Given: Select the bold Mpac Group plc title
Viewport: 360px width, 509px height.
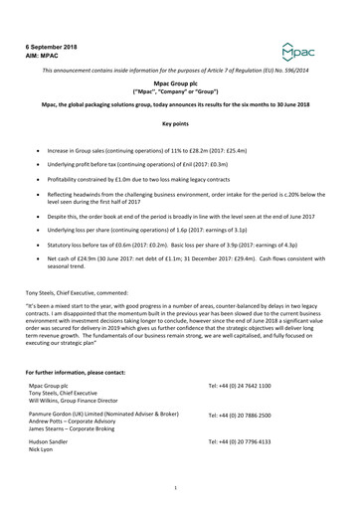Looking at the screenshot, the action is (x=181, y=87).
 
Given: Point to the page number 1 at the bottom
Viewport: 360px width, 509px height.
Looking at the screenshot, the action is (x=175, y=487).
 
